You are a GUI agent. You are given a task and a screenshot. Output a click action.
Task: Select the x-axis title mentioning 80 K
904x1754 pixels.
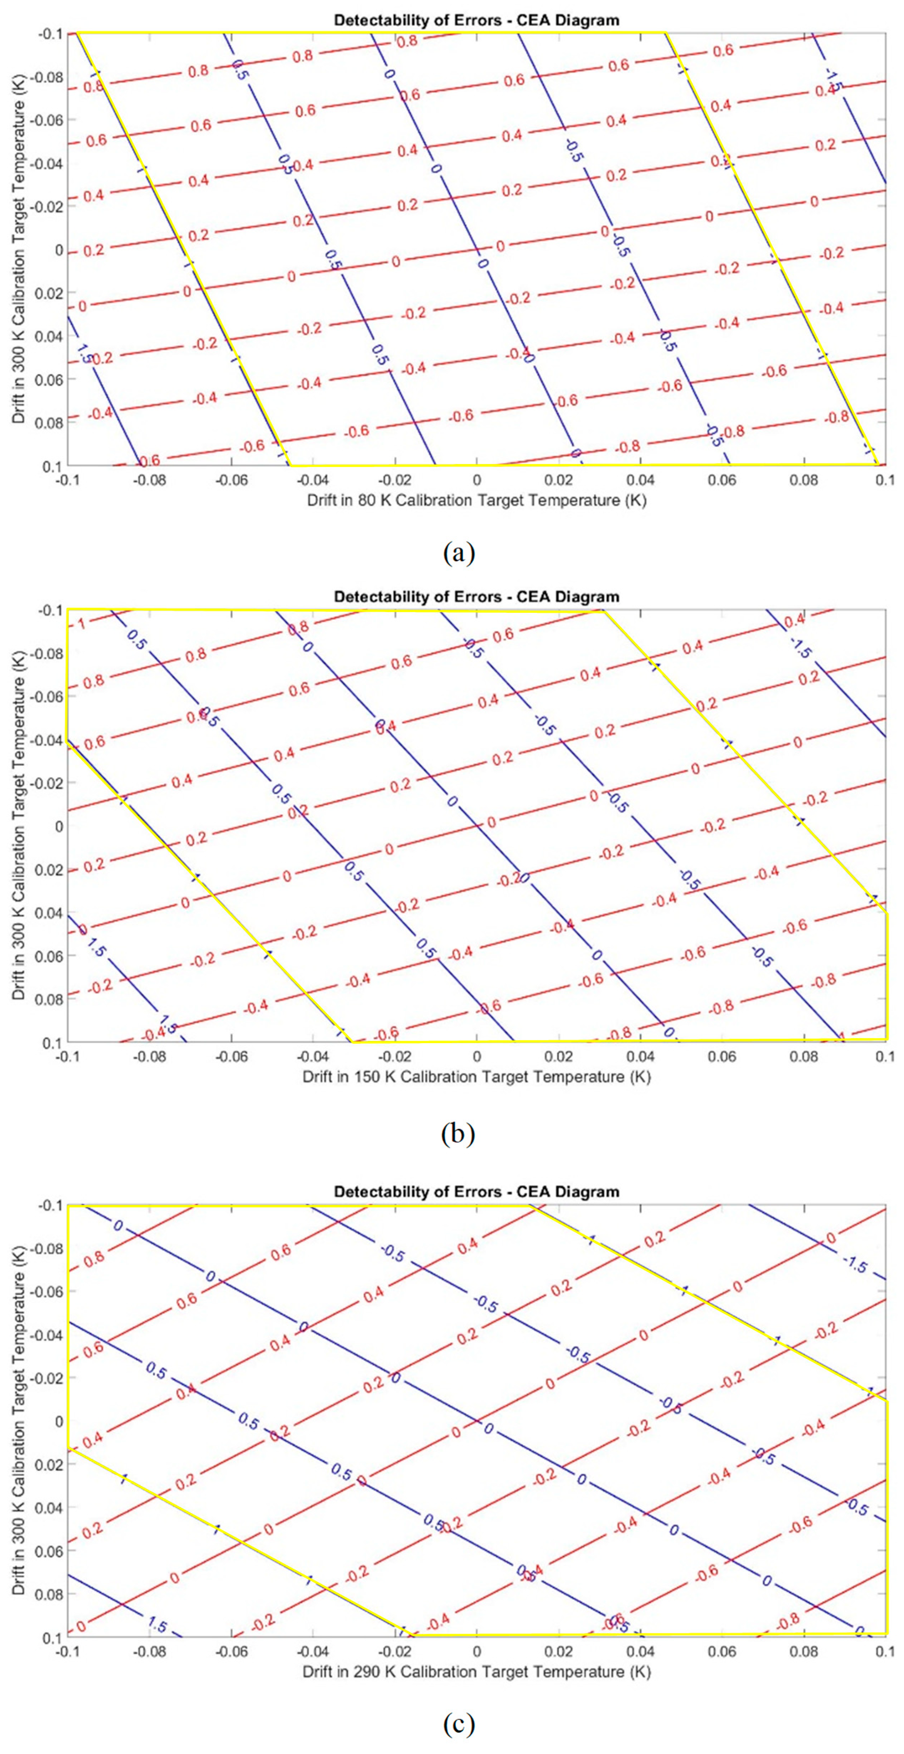pos(476,501)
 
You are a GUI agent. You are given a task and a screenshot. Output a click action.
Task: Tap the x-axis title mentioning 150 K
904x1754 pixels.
pos(476,1077)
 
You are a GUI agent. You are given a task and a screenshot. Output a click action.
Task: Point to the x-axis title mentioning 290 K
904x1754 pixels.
pos(476,1672)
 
